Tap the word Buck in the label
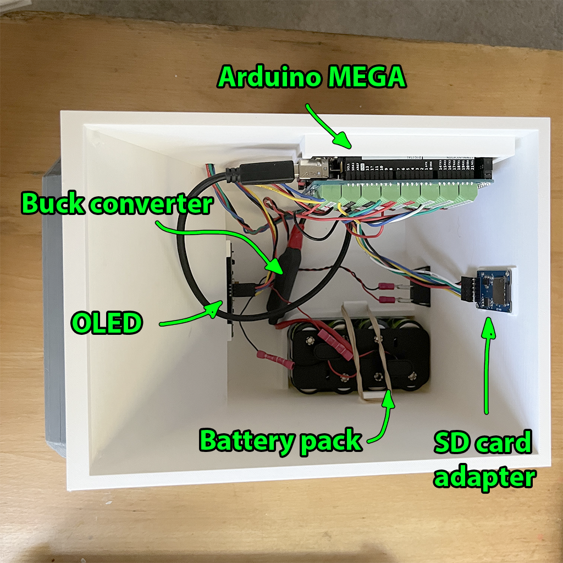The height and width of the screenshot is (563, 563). (x=54, y=205)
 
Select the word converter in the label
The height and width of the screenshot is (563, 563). (x=152, y=205)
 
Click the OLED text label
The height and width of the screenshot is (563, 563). (x=106, y=323)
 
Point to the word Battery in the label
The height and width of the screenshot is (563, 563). (x=246, y=441)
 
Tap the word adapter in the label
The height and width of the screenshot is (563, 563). (x=484, y=477)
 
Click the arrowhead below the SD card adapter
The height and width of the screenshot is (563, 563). (x=487, y=324)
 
